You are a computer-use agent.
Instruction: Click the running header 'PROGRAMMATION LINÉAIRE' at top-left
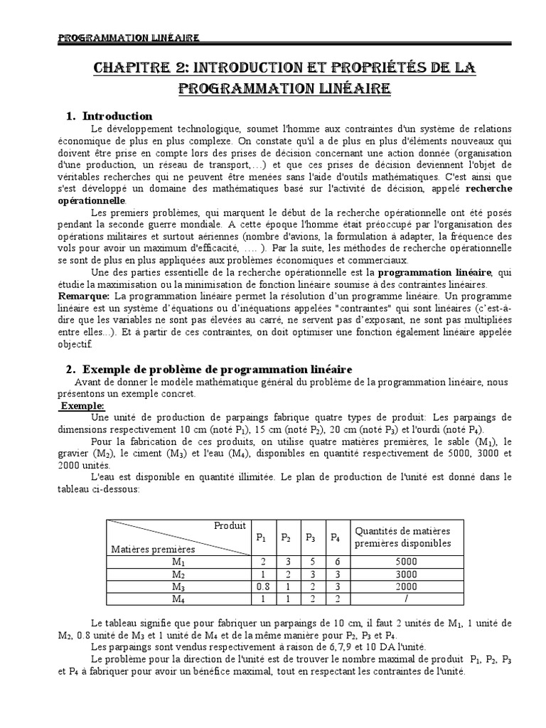(x=128, y=38)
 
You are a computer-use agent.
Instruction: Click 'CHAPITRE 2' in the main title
(x=142, y=68)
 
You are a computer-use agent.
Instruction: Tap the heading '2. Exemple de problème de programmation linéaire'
(x=217, y=369)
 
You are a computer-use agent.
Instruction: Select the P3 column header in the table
(x=310, y=537)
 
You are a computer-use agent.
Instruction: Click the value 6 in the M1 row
(x=334, y=561)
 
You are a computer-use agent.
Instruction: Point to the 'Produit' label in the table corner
(x=230, y=525)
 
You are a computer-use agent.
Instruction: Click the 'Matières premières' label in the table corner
(x=152, y=549)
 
